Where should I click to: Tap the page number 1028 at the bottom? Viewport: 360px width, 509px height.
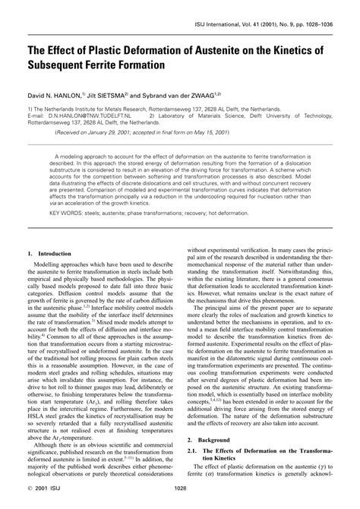tap(180, 498)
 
